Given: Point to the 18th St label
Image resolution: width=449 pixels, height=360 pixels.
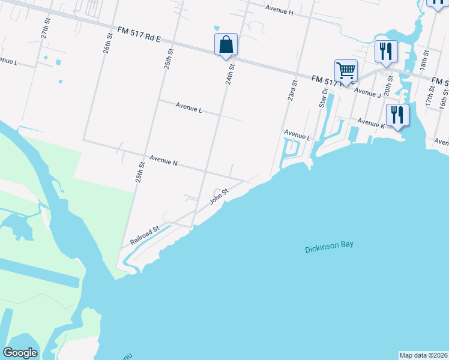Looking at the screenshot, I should pyautogui.click(x=424, y=61).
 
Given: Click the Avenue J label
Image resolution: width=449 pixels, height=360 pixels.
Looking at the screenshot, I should pyautogui.click(x=367, y=92).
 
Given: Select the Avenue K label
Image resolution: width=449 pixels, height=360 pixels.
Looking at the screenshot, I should pyautogui.click(x=370, y=122).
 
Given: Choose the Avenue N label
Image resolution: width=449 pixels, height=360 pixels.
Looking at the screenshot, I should pyautogui.click(x=163, y=160).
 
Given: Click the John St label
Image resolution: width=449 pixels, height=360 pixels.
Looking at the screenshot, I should pyautogui.click(x=219, y=196).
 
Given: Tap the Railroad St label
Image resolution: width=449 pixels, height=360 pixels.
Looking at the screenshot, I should pyautogui.click(x=144, y=235).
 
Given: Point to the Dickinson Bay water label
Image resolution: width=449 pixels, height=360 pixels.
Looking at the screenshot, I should pyautogui.click(x=329, y=245).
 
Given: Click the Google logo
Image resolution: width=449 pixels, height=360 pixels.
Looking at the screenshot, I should pyautogui.click(x=20, y=353).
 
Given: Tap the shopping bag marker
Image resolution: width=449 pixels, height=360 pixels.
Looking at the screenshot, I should pyautogui.click(x=226, y=44).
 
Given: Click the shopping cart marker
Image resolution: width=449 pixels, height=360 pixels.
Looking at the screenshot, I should pyautogui.click(x=346, y=71).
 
